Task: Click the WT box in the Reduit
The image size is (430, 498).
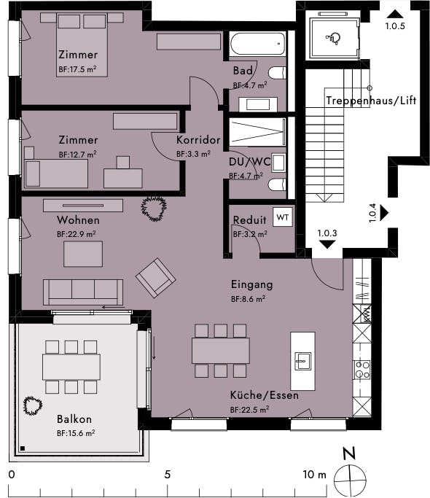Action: pyautogui.click(x=283, y=217)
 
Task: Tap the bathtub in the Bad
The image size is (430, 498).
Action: pyautogui.click(x=258, y=43)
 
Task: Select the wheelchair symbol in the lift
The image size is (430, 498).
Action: pyautogui.click(x=333, y=39)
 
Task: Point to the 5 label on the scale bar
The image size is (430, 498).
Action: pyautogui.click(x=168, y=475)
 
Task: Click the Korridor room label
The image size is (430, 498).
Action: pyautogui.click(x=198, y=140)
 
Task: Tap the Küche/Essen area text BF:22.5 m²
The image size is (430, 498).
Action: pyautogui.click(x=249, y=410)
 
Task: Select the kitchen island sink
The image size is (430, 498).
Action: pyautogui.click(x=302, y=361)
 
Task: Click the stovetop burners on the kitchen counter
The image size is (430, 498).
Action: pyautogui.click(x=362, y=370)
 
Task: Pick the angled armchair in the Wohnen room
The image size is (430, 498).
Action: pyautogui.click(x=156, y=278)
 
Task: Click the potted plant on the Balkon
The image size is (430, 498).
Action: pyautogui.click(x=32, y=405)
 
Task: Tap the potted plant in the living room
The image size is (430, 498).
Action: pyautogui.click(x=154, y=208)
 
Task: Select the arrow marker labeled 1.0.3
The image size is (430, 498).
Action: pyautogui.click(x=327, y=244)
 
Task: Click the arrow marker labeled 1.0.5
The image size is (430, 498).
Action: pyautogui.click(x=395, y=14)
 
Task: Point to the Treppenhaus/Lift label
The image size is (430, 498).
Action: pyautogui.click(x=371, y=101)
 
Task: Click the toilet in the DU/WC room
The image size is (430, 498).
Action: pyautogui.click(x=277, y=184)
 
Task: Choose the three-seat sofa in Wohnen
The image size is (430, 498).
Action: pyautogui.click(x=83, y=292)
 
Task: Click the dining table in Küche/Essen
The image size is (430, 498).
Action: pyautogui.click(x=221, y=351)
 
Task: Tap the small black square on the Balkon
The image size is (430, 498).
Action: pyautogui.click(x=23, y=448)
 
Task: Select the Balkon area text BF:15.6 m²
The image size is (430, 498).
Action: pyautogui.click(x=76, y=433)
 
